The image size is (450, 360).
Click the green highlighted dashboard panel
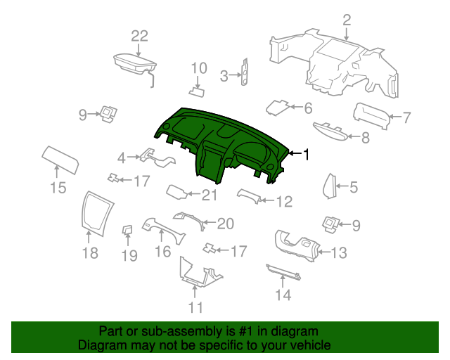pos(218,143)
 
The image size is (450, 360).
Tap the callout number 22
pos(139,37)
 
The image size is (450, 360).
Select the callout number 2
pos(347,20)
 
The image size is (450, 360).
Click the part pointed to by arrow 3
pos(245,72)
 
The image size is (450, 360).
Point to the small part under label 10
pos(197,92)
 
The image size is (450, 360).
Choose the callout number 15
pos(58,188)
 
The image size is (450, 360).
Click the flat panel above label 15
pos(60,160)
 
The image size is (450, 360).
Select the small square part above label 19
pos(127,230)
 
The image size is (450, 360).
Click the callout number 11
pos(195,307)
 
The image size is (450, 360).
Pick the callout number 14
pos(283,295)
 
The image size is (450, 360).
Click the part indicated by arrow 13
pos(297,246)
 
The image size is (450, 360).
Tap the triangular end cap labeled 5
pos(330,186)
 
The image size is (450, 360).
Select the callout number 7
pos(406,117)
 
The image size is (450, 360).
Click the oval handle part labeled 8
pos(330,131)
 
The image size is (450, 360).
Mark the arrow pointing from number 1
pos(295,153)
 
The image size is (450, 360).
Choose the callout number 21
pos(210,195)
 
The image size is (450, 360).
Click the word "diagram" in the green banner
pos(295,331)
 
